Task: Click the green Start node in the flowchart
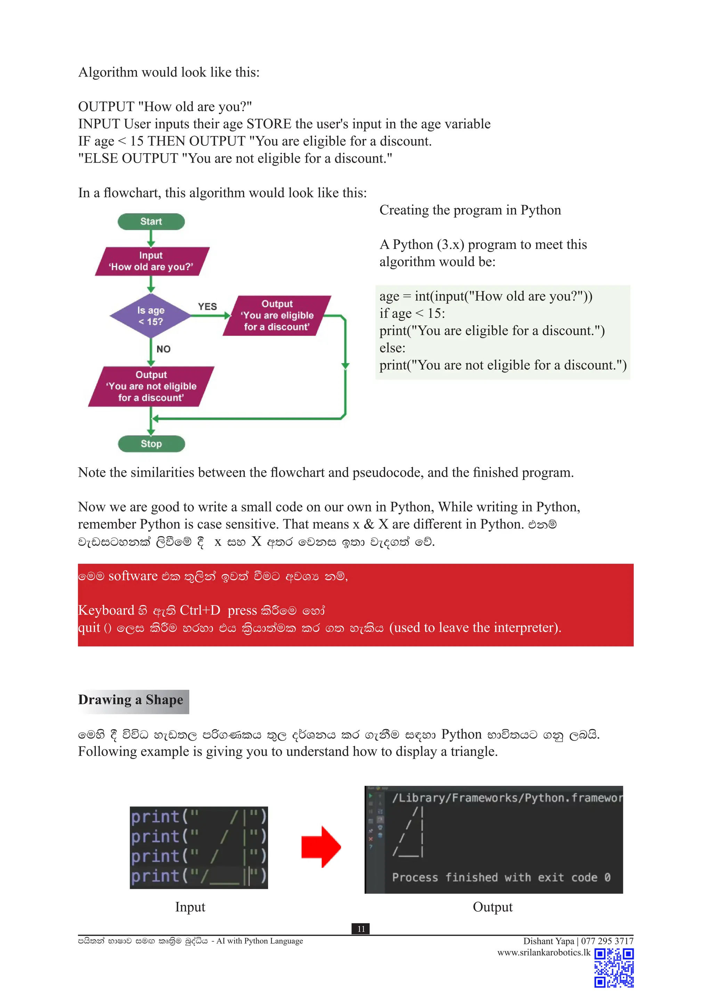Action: point(151,221)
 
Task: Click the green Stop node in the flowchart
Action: point(151,443)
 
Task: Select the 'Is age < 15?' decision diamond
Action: point(151,316)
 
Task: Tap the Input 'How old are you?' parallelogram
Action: point(152,261)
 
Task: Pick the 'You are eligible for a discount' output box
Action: point(277,315)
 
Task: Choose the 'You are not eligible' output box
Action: point(151,386)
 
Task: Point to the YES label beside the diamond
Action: point(207,307)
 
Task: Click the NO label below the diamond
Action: point(163,349)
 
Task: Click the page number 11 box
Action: point(361,929)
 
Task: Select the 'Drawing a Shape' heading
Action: point(131,700)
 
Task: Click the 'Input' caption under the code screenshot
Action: point(190,907)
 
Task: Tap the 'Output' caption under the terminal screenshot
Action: point(492,907)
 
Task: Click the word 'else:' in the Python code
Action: point(393,348)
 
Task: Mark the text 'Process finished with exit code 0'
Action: point(501,878)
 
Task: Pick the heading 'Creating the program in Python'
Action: point(470,210)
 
